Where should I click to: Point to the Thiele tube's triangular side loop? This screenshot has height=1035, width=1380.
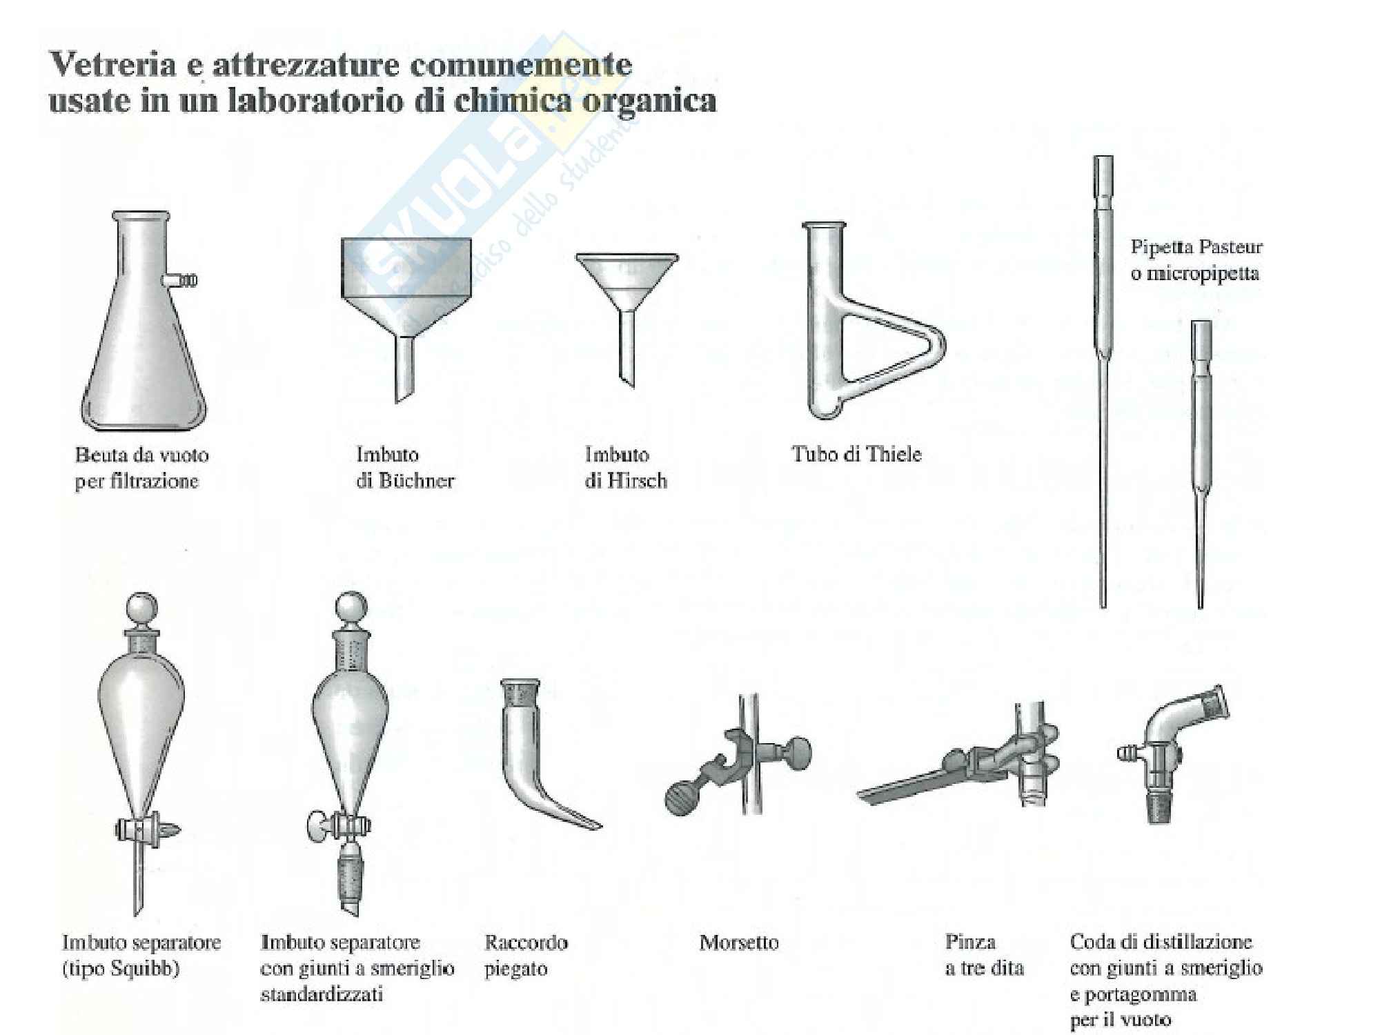pos(897,355)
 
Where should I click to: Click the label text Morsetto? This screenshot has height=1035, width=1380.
pos(739,943)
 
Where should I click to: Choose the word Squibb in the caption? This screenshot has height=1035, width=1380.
pos(144,969)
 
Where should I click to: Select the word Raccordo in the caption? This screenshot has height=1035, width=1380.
pos(526,943)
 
